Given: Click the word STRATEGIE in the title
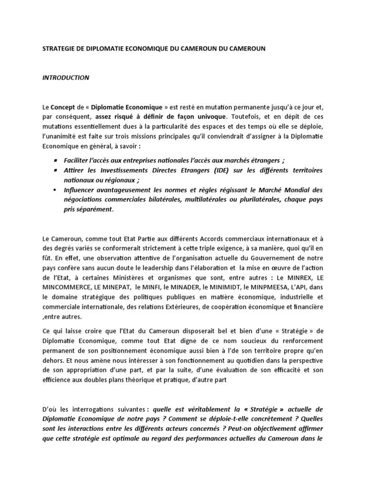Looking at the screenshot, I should coord(57,49).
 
